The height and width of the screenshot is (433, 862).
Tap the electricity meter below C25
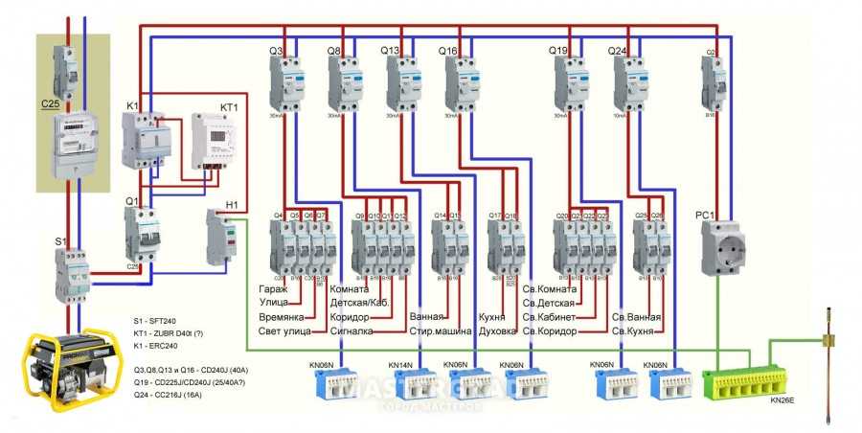(x=74, y=146)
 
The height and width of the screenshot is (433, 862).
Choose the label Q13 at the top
(x=391, y=50)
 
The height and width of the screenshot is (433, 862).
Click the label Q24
(x=617, y=50)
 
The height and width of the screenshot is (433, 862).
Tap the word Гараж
(x=274, y=288)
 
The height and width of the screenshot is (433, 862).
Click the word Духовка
(x=498, y=331)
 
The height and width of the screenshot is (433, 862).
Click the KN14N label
(x=400, y=365)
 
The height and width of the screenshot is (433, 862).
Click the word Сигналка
(x=350, y=331)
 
